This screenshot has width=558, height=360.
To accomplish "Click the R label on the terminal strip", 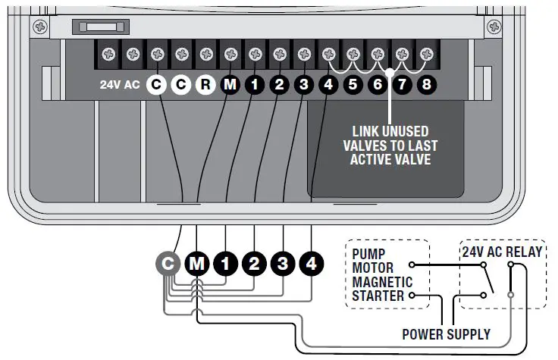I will (205, 85).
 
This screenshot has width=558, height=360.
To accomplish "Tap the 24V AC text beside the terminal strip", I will (120, 85).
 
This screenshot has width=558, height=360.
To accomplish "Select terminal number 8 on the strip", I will (426, 85).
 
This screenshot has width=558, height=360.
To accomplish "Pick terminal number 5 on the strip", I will (353, 85).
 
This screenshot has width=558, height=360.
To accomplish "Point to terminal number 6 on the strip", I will (377, 85).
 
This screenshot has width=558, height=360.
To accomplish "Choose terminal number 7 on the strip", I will (402, 85).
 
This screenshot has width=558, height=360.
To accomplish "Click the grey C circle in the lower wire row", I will (168, 264).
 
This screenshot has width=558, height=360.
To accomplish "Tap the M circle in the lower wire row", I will (197, 264).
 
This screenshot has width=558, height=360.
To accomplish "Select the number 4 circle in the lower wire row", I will (312, 264).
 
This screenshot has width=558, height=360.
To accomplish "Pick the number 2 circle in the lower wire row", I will (254, 264).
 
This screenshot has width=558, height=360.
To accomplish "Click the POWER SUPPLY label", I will (446, 333).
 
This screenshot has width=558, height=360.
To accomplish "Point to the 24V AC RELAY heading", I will (503, 252).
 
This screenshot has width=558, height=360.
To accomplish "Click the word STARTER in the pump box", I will (378, 295).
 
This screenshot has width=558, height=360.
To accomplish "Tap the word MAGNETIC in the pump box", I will (382, 281).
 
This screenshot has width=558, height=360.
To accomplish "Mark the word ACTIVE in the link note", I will (376, 159).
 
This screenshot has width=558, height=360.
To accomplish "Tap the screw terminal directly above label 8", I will (427, 55).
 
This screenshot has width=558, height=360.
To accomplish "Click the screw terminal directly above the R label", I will (206, 55).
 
